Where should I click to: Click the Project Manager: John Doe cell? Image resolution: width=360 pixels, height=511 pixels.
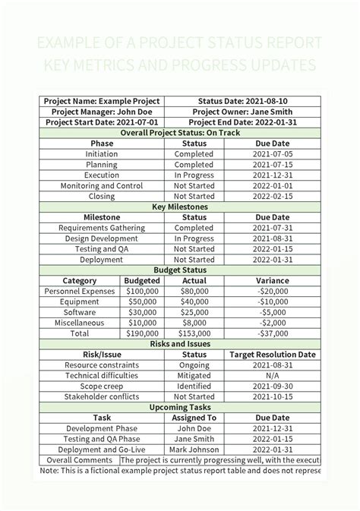point(102,112)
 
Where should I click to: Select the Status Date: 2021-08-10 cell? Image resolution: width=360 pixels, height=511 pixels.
point(242,101)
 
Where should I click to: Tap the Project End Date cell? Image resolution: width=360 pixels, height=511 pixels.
point(242,122)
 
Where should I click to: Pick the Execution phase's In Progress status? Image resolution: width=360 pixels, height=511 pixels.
point(194,175)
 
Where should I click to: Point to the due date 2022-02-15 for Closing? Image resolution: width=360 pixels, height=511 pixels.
point(272,196)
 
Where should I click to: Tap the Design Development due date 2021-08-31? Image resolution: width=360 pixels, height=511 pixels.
point(272,238)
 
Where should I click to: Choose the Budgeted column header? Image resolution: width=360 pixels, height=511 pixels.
point(141,280)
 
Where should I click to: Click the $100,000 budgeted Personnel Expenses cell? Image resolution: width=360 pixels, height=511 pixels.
point(141,291)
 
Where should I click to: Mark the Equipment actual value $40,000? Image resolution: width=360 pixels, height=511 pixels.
point(194,301)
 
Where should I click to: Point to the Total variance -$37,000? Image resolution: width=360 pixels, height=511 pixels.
point(272,333)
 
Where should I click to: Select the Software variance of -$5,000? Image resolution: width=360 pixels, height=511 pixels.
point(272,312)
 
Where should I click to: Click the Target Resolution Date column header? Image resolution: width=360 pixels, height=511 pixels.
point(272,355)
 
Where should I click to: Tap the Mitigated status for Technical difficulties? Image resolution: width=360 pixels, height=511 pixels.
point(194,375)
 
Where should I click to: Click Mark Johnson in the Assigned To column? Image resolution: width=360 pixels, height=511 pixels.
point(194,449)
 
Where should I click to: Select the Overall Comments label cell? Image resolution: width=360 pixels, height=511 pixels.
point(80,460)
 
